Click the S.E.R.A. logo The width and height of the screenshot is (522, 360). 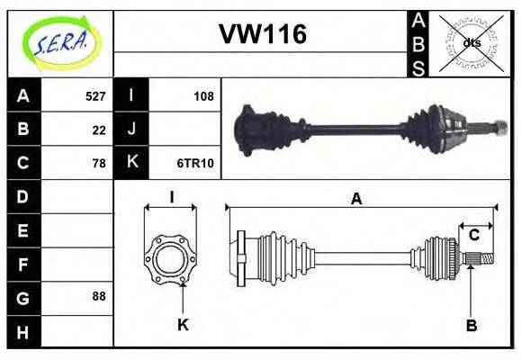(x=60, y=42)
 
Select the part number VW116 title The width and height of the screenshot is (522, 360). (x=262, y=34)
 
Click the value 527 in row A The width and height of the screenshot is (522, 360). (x=95, y=96)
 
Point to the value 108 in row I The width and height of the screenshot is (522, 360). (x=203, y=96)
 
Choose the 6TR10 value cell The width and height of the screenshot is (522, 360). (x=197, y=163)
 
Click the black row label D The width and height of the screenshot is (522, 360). (x=22, y=196)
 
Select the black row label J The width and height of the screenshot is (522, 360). (x=131, y=130)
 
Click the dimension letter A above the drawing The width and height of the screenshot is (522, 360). (x=356, y=199)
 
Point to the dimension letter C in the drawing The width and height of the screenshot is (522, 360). (x=473, y=236)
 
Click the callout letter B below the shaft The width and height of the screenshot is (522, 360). (x=471, y=324)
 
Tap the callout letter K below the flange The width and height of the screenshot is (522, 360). (x=183, y=324)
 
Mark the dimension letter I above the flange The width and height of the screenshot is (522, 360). (x=171, y=197)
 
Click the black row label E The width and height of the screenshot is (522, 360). (x=22, y=229)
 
